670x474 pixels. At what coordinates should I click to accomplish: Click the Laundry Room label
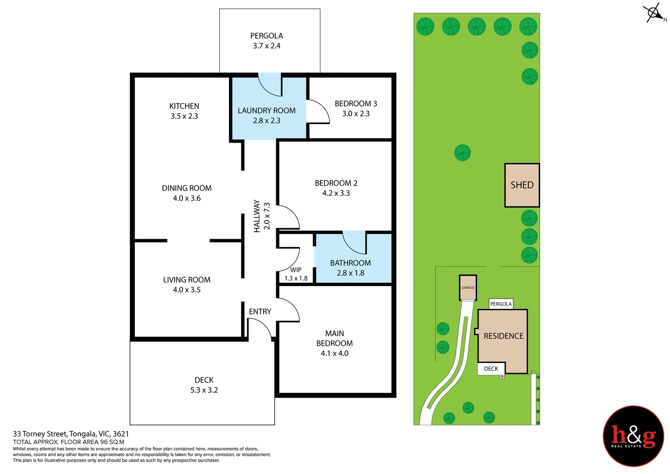tap(267, 111)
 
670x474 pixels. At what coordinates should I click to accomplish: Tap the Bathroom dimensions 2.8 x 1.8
tap(350, 273)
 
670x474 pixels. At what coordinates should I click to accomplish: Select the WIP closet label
tap(296, 270)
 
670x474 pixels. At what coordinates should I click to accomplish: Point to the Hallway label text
tap(257, 216)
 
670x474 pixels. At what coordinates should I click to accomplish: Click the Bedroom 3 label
tap(356, 104)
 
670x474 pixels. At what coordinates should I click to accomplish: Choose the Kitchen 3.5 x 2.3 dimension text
tap(184, 116)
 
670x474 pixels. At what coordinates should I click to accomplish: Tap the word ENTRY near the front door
tap(260, 312)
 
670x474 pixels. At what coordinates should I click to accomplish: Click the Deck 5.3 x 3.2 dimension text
tap(204, 390)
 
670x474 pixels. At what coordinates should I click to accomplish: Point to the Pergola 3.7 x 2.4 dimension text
tap(267, 46)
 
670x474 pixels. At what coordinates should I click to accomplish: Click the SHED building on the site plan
tap(522, 185)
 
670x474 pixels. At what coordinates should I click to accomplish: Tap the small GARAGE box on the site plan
tap(468, 287)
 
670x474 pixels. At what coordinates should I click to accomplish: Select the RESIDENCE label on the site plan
tap(503, 336)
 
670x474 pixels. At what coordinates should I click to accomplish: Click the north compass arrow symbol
tap(654, 13)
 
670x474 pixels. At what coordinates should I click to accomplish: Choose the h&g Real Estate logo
tap(633, 436)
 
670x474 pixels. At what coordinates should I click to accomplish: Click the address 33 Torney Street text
tap(71, 434)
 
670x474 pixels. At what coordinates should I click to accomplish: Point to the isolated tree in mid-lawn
tap(462, 153)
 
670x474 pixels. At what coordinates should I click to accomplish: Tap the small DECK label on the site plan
tap(491, 369)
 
